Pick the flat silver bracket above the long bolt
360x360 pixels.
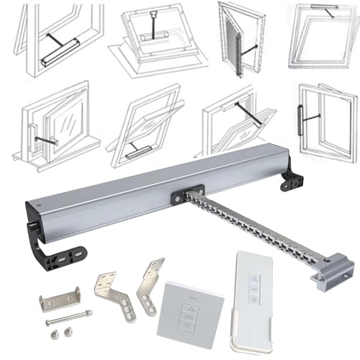pyautogui.click(x=59, y=298)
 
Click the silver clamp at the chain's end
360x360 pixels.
pyautogui.click(x=332, y=271)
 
